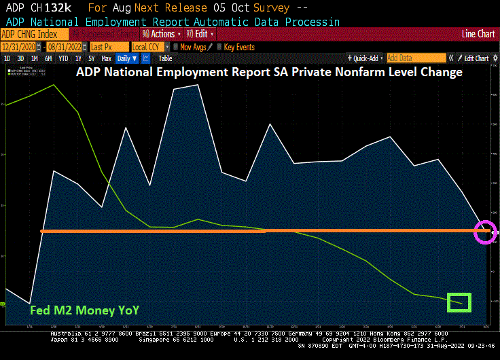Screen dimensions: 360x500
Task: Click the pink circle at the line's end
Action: [486, 231]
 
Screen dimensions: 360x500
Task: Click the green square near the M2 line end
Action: [459, 302]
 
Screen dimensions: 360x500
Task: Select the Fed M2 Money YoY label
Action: [85, 310]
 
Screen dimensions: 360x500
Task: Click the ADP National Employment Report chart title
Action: [269, 72]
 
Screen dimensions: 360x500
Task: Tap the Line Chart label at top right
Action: [478, 34]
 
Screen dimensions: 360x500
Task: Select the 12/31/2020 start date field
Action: [20, 47]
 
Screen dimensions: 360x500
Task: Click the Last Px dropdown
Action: [108, 47]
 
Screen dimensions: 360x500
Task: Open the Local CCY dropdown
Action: [148, 47]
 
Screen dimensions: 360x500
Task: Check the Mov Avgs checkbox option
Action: [192, 47]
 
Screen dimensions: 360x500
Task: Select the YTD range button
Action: [64, 58]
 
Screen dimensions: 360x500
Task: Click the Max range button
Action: [106, 58]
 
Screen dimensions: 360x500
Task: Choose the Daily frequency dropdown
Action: [126, 58]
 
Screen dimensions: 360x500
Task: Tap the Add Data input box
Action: [416, 58]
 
